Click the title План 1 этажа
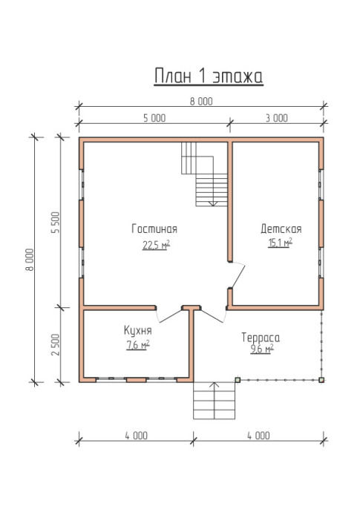coord(209,76)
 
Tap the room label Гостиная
coord(154,229)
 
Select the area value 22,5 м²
coord(156,245)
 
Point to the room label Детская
coord(281,229)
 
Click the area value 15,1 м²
coord(280,242)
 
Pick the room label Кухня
coord(137,330)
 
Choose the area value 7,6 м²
coord(138,345)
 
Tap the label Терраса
coord(261,338)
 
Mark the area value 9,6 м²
coord(262,349)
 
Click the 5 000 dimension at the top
coord(154,118)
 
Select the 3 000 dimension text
coord(277,118)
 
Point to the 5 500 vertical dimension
coord(56,223)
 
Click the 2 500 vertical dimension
coord(56,345)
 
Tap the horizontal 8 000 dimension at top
coord(201,101)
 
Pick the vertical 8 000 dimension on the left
coord(30,260)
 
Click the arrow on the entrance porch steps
coord(214,400)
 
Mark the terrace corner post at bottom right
coord(321,380)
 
